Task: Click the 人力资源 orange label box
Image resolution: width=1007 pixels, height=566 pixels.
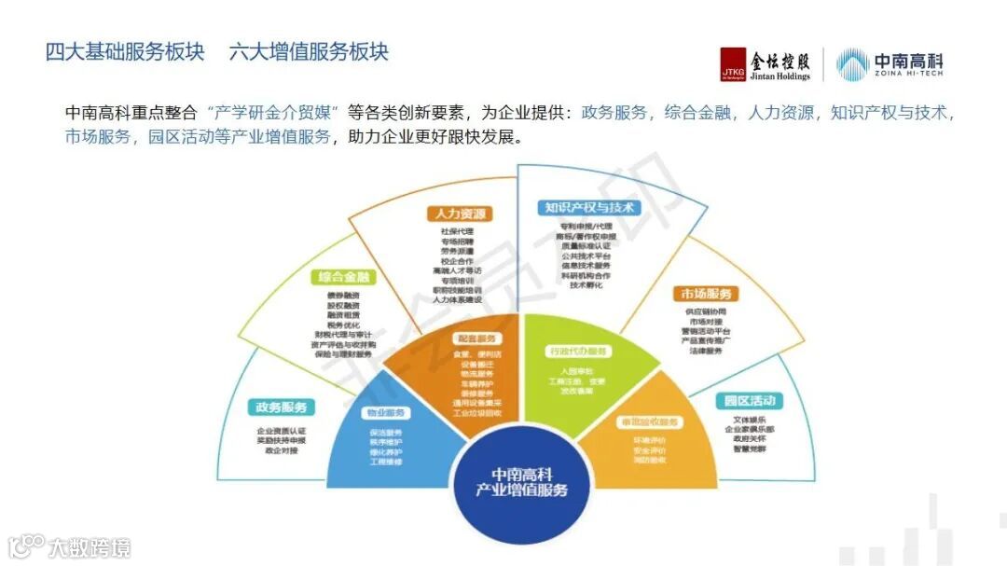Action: coord(458,214)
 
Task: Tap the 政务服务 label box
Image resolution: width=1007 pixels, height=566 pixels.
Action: coord(282,407)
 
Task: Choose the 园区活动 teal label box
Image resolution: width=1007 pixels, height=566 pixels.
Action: coord(751,401)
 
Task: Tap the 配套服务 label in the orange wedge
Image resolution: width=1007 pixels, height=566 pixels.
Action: coord(477,338)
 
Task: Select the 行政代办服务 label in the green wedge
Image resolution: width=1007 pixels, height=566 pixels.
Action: coord(577,352)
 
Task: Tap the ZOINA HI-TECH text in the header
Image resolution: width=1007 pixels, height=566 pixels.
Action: coord(909,76)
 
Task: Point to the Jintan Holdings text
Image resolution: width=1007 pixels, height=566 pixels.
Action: coord(779,77)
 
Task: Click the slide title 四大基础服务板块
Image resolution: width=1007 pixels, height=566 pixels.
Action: coord(124,51)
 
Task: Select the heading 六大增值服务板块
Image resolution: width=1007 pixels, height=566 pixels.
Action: coord(309,51)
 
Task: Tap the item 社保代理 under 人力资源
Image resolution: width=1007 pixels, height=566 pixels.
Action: coord(457,230)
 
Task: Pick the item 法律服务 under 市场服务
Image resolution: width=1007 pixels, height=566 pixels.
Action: coord(706,352)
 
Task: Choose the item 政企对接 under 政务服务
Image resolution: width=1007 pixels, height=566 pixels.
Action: coord(281,450)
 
